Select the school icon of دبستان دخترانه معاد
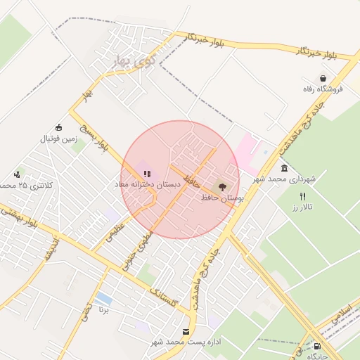(x=148, y=172)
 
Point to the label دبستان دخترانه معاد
(x=148, y=184)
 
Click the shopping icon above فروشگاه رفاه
(x=323, y=78)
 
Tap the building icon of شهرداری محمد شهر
(x=284, y=169)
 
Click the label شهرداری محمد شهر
(x=285, y=180)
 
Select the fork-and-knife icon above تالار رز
(x=302, y=196)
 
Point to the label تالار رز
(x=302, y=208)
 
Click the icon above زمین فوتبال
(x=58, y=127)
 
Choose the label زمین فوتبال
(x=58, y=139)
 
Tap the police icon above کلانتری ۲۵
(x=17, y=174)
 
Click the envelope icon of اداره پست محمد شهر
(x=186, y=331)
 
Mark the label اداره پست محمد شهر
(x=186, y=342)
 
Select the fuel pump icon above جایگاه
(x=318, y=346)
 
